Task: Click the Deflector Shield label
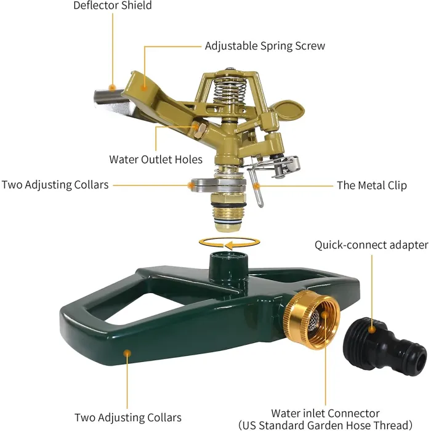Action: [112, 6]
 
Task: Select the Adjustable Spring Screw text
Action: [265, 46]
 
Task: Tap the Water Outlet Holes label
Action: [156, 159]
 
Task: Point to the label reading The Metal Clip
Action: [371, 185]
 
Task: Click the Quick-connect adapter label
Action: [371, 245]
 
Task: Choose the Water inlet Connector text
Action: [325, 413]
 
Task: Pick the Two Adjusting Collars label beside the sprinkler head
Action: [55, 184]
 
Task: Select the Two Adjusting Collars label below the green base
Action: [128, 417]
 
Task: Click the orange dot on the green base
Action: [127, 353]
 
